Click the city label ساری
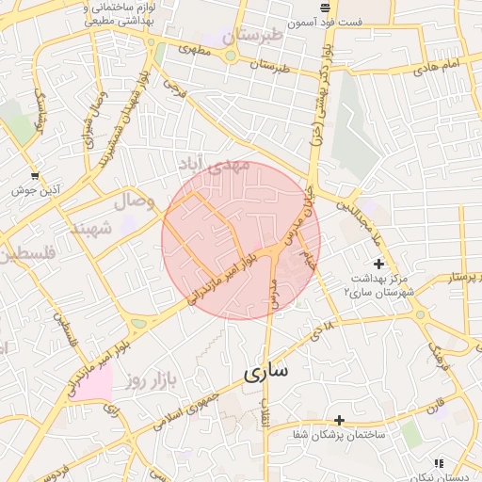point(266,372)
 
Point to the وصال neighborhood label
point(133,201)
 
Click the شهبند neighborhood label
point(90,227)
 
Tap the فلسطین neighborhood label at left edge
point(28,254)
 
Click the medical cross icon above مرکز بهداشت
point(378,264)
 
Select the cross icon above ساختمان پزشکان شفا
point(340,420)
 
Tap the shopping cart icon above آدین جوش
point(35,175)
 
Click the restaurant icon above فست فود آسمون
point(325,8)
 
